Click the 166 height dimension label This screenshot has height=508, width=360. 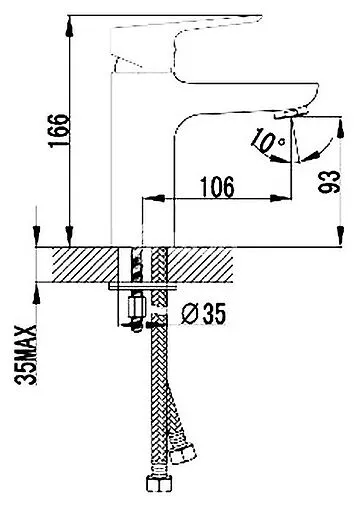click(59, 130)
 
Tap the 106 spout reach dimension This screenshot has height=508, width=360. click(217, 187)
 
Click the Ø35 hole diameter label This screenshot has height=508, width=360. click(203, 314)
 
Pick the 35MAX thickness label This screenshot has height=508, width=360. click(26, 355)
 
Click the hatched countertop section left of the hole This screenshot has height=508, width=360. click(86, 265)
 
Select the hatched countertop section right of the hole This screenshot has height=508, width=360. click(199, 265)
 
